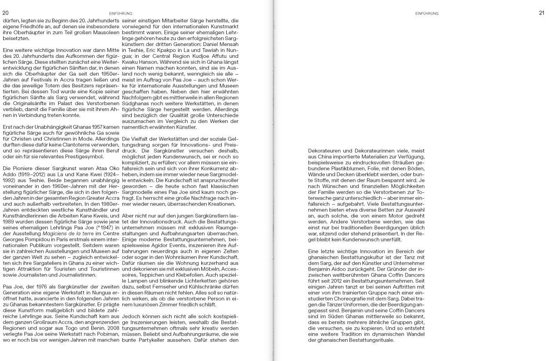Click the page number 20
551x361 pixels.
click(x=5, y=13)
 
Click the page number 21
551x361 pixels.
click(x=541, y=13)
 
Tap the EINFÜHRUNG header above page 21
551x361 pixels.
click(x=427, y=14)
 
